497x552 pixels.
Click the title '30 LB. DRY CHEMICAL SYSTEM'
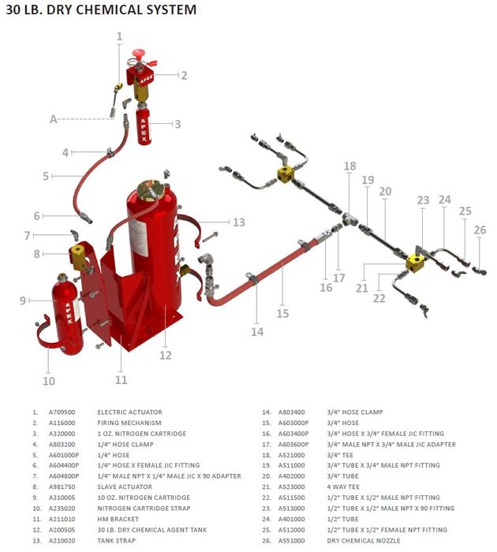tap(101, 10)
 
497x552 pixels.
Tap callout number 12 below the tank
tap(165, 355)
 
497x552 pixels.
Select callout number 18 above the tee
tap(349, 166)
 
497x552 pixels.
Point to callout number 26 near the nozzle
tap(480, 229)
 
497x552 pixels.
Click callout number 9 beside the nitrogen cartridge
tap(24, 300)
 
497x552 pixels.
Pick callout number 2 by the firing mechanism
tap(183, 76)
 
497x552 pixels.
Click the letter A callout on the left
tap(54, 119)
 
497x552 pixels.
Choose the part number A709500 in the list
tap(62, 412)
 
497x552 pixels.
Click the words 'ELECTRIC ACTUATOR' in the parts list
tap(130, 412)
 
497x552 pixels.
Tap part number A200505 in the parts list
tap(62, 530)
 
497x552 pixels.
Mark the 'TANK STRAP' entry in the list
tap(115, 541)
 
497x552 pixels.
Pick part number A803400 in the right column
tap(292, 412)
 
